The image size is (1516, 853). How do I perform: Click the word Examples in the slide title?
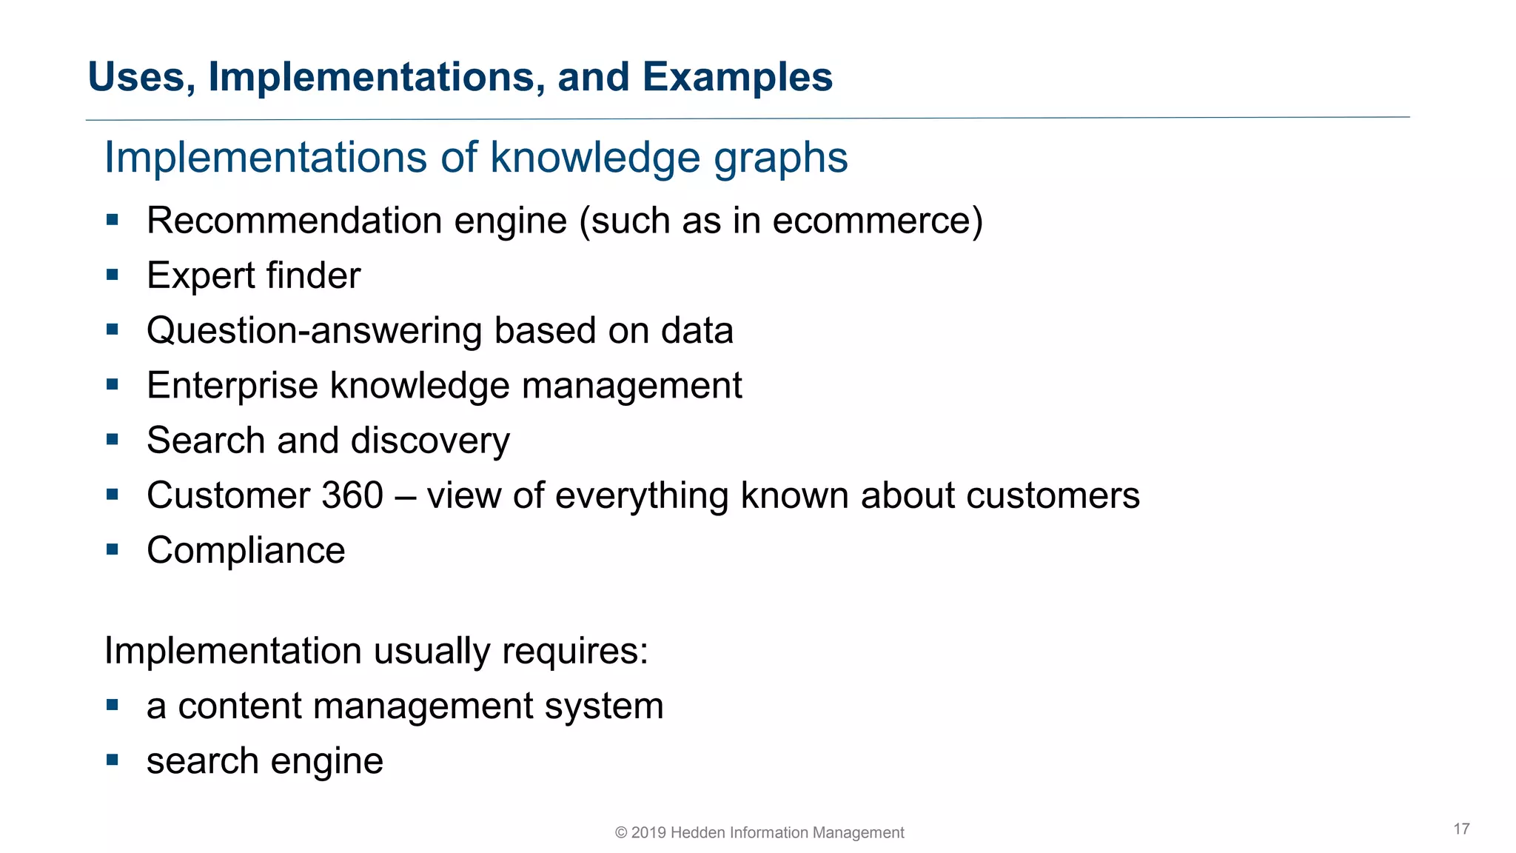coord(737,77)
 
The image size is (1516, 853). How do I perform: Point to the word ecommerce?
coord(872,221)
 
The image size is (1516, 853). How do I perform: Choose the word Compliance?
coord(246,551)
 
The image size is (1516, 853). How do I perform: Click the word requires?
coord(574,652)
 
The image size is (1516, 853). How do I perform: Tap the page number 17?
coord(1461,829)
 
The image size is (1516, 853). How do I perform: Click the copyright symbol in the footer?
coord(621,833)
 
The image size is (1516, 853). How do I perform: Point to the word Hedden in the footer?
coord(697,833)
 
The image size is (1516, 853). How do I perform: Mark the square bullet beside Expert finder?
coord(113,275)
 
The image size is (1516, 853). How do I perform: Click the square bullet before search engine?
coord(113,760)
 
